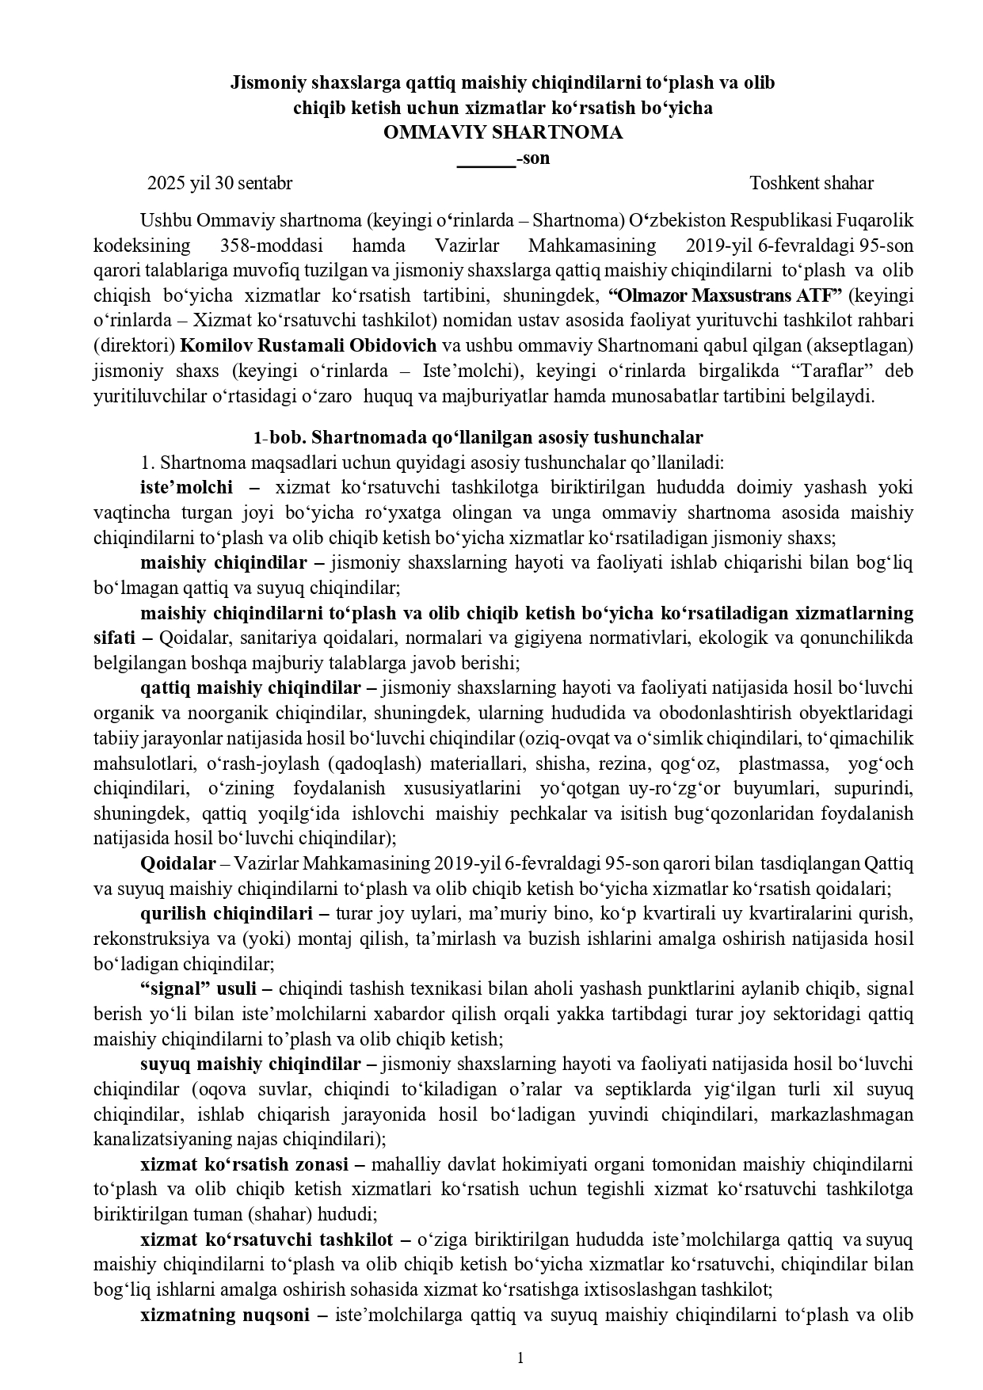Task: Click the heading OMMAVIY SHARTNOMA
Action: pos(502,132)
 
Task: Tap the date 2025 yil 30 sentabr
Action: pos(220,184)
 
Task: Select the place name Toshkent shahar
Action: pos(811,184)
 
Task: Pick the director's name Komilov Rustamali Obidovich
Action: pos(308,345)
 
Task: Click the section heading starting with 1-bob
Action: pos(478,437)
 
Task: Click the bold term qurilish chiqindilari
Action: pos(227,913)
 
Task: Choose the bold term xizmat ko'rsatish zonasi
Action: pos(244,1164)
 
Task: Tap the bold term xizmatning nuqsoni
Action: pos(226,1315)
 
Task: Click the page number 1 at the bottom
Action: pos(520,1358)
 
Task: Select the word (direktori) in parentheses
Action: pos(133,345)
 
